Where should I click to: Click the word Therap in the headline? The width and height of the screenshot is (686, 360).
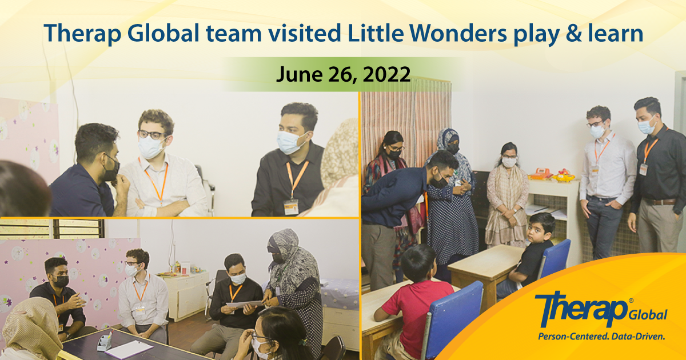(83, 34)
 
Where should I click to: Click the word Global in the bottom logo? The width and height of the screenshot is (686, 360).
(648, 314)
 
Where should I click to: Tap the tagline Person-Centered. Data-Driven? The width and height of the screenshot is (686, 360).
(602, 337)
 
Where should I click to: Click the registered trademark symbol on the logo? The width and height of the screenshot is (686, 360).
(631, 301)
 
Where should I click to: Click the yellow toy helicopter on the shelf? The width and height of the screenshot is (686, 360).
(564, 175)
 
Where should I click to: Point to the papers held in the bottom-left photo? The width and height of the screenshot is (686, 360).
(245, 304)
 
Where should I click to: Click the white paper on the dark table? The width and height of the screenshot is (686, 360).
(129, 350)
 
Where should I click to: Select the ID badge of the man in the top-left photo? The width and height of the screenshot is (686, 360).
(291, 207)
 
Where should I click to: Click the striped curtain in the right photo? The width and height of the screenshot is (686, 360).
(407, 117)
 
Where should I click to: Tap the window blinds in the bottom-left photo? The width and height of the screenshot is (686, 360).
(52, 229)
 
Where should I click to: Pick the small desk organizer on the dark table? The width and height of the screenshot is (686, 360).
(105, 342)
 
